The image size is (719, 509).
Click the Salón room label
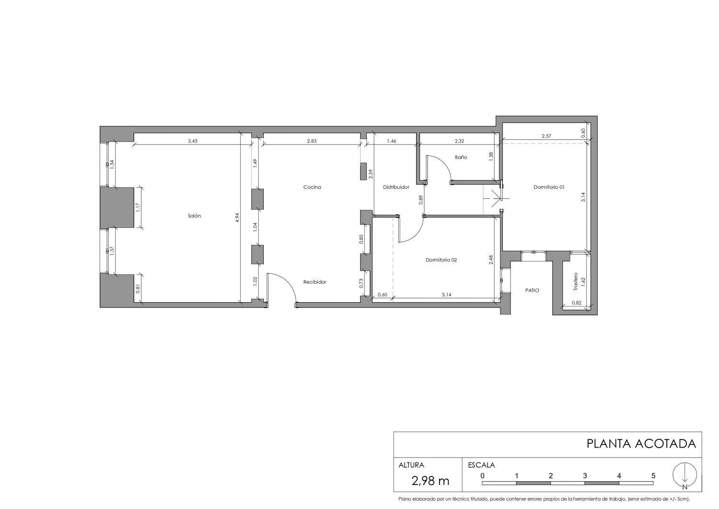[194, 216]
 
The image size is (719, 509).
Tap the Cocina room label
[312, 187]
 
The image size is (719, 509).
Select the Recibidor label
[314, 282]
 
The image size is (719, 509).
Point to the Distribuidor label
[396, 187]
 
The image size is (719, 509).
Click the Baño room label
[461, 157]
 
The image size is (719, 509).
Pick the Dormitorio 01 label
[549, 187]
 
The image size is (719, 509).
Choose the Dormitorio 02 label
[441, 260]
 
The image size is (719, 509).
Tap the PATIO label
[532, 290]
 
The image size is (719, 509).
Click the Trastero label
[576, 283]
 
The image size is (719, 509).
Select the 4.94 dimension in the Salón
[236, 218]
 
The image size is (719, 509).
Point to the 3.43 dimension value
[193, 142]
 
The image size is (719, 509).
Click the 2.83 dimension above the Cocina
[312, 142]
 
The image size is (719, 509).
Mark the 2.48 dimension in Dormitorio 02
[491, 260]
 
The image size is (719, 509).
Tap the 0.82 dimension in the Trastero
[576, 303]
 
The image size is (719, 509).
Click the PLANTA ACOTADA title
[641, 444]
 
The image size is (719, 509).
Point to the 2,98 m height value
[430, 480]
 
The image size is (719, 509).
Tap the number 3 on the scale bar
[585, 476]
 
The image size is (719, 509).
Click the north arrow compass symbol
[684, 476]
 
